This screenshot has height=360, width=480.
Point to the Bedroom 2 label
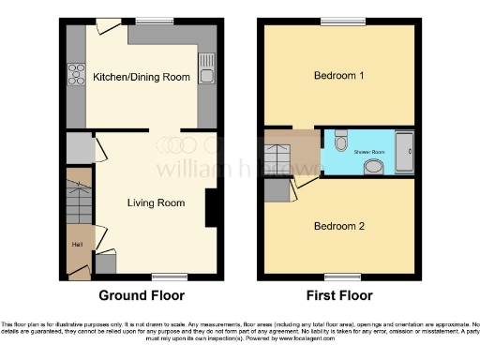[x=338, y=226]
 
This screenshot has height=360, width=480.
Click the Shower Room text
[x=368, y=150]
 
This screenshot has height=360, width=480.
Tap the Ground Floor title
[x=142, y=295]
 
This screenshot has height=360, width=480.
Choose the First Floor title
[x=338, y=295]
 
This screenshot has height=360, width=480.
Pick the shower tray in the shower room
[x=405, y=152]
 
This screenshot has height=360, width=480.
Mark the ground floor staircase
[x=79, y=200]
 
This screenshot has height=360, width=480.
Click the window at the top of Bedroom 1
[x=338, y=22]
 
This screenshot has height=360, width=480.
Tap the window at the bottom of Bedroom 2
[x=338, y=276]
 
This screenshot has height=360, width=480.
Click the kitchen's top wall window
[x=154, y=22]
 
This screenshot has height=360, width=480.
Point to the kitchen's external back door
[x=108, y=25]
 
